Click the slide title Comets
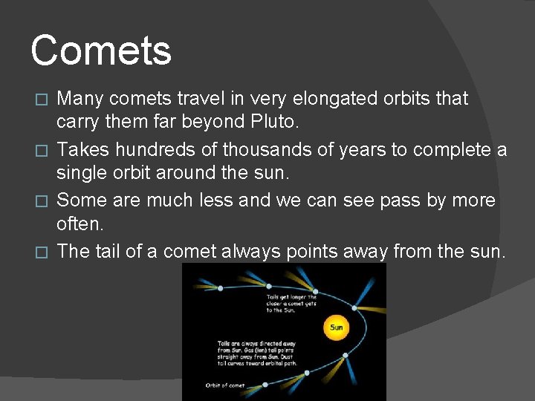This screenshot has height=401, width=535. click(101, 50)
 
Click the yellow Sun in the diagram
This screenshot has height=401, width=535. click(336, 326)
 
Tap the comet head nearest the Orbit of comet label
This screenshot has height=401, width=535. click(265, 384)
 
